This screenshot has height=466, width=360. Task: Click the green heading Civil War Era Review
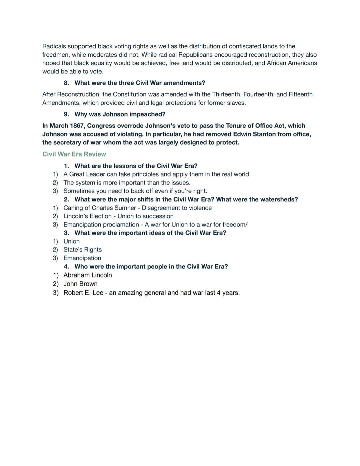pos(74,154)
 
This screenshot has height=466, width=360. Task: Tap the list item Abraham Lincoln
pos(87,275)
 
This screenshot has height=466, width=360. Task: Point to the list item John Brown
pos(80,284)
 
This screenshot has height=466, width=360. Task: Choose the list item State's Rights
pos(82,250)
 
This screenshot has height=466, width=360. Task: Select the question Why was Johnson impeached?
pos(120,114)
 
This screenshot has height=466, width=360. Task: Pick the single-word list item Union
pos(71,241)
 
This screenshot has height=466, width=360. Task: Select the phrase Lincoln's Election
pos(87,216)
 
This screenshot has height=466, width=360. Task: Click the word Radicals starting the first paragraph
pos(54,46)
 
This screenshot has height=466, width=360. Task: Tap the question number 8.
pos(66,83)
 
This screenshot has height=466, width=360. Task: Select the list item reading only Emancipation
pos(82,258)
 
